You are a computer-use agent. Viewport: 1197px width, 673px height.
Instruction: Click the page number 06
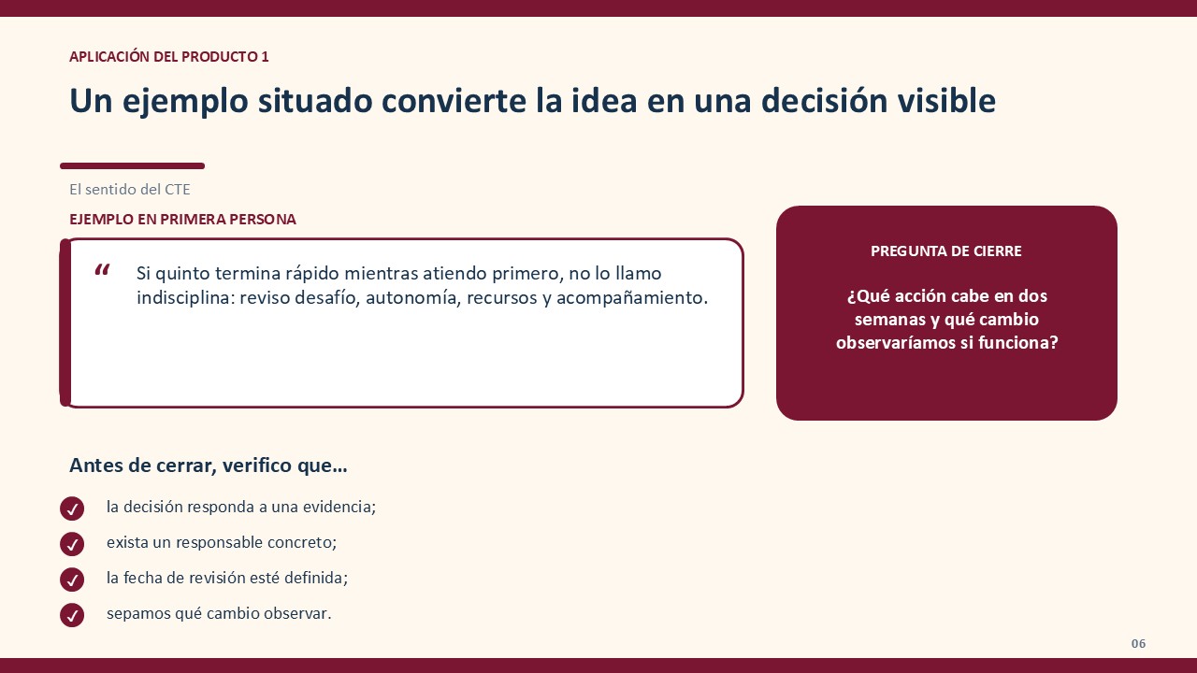tap(1138, 644)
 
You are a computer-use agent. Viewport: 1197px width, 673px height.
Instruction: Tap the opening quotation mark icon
tap(102, 270)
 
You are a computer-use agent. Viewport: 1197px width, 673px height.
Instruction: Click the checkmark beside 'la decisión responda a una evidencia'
tap(72, 508)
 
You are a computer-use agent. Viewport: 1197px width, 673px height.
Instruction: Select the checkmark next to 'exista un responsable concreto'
tap(72, 544)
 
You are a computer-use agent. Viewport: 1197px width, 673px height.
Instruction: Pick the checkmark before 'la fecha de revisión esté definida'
tap(72, 580)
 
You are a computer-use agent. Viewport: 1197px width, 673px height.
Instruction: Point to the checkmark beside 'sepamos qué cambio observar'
tap(72, 615)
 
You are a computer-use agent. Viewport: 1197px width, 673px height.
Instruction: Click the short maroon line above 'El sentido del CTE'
tap(133, 166)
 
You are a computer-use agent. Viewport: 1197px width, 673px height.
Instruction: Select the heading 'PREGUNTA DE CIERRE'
tap(945, 251)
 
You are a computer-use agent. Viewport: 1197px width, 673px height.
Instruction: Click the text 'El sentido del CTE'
tap(130, 190)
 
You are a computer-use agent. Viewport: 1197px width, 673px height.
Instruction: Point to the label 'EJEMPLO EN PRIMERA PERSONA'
tap(182, 220)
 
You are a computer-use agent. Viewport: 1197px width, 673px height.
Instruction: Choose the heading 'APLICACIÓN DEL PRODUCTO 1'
tap(169, 57)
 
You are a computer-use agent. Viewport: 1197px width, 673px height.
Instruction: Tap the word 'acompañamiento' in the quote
tap(632, 298)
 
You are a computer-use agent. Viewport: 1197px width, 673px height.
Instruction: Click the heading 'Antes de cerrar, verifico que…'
tap(209, 465)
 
